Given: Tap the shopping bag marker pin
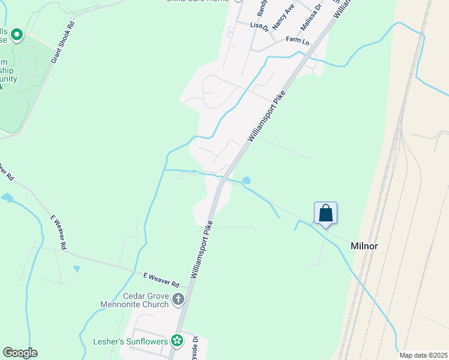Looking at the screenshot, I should point(325,214).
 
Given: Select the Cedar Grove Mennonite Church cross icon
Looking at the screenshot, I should point(178,299).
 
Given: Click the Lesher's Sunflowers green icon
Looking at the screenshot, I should point(177,341).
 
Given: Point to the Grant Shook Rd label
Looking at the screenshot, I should point(62,43).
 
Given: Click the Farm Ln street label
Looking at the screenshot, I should point(297,40).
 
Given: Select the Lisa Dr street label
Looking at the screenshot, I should point(258,25).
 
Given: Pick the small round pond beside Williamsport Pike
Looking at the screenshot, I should point(247,181).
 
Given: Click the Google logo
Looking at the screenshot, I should point(20,353).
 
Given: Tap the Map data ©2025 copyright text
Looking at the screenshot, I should point(423,355).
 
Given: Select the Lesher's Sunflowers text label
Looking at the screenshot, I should point(130,341).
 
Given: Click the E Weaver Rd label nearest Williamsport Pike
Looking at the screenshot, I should point(161,279).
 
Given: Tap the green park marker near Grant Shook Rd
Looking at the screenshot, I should point(16,35).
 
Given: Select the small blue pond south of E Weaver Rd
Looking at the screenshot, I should point(76,269).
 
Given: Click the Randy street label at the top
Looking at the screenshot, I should point(262,7).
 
